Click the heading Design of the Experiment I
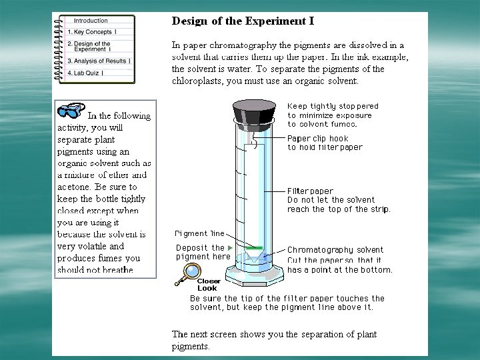click(x=243, y=21)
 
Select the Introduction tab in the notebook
click(x=91, y=21)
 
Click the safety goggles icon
click(x=71, y=111)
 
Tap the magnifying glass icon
click(x=190, y=272)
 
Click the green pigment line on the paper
click(x=253, y=248)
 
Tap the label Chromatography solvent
click(x=335, y=250)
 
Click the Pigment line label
click(x=199, y=233)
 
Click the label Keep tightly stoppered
click(x=333, y=106)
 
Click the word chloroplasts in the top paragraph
click(x=197, y=81)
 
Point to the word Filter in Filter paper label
click(x=298, y=191)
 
